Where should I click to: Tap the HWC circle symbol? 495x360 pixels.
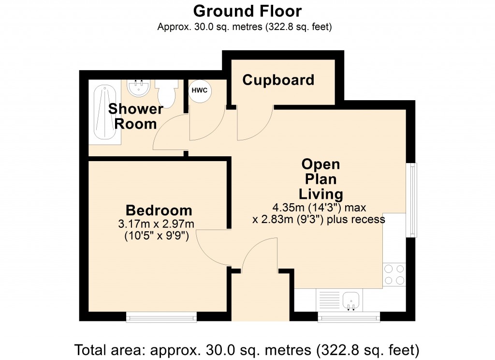click(x=200, y=90)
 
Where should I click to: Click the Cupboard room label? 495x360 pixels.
click(x=278, y=80)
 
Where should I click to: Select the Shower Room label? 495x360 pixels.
click(x=135, y=116)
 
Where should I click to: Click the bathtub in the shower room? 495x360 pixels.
click(x=104, y=114)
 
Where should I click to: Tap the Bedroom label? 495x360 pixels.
click(x=159, y=210)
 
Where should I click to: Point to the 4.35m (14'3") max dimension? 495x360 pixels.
click(x=319, y=208)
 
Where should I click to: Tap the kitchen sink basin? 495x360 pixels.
click(x=351, y=300)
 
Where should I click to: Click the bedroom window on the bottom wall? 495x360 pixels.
click(x=161, y=317)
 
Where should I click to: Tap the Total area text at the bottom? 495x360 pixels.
click(x=247, y=349)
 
